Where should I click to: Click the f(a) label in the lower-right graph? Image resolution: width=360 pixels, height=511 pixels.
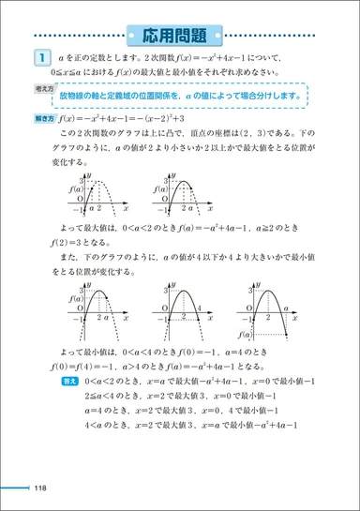(x=245, y=334)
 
